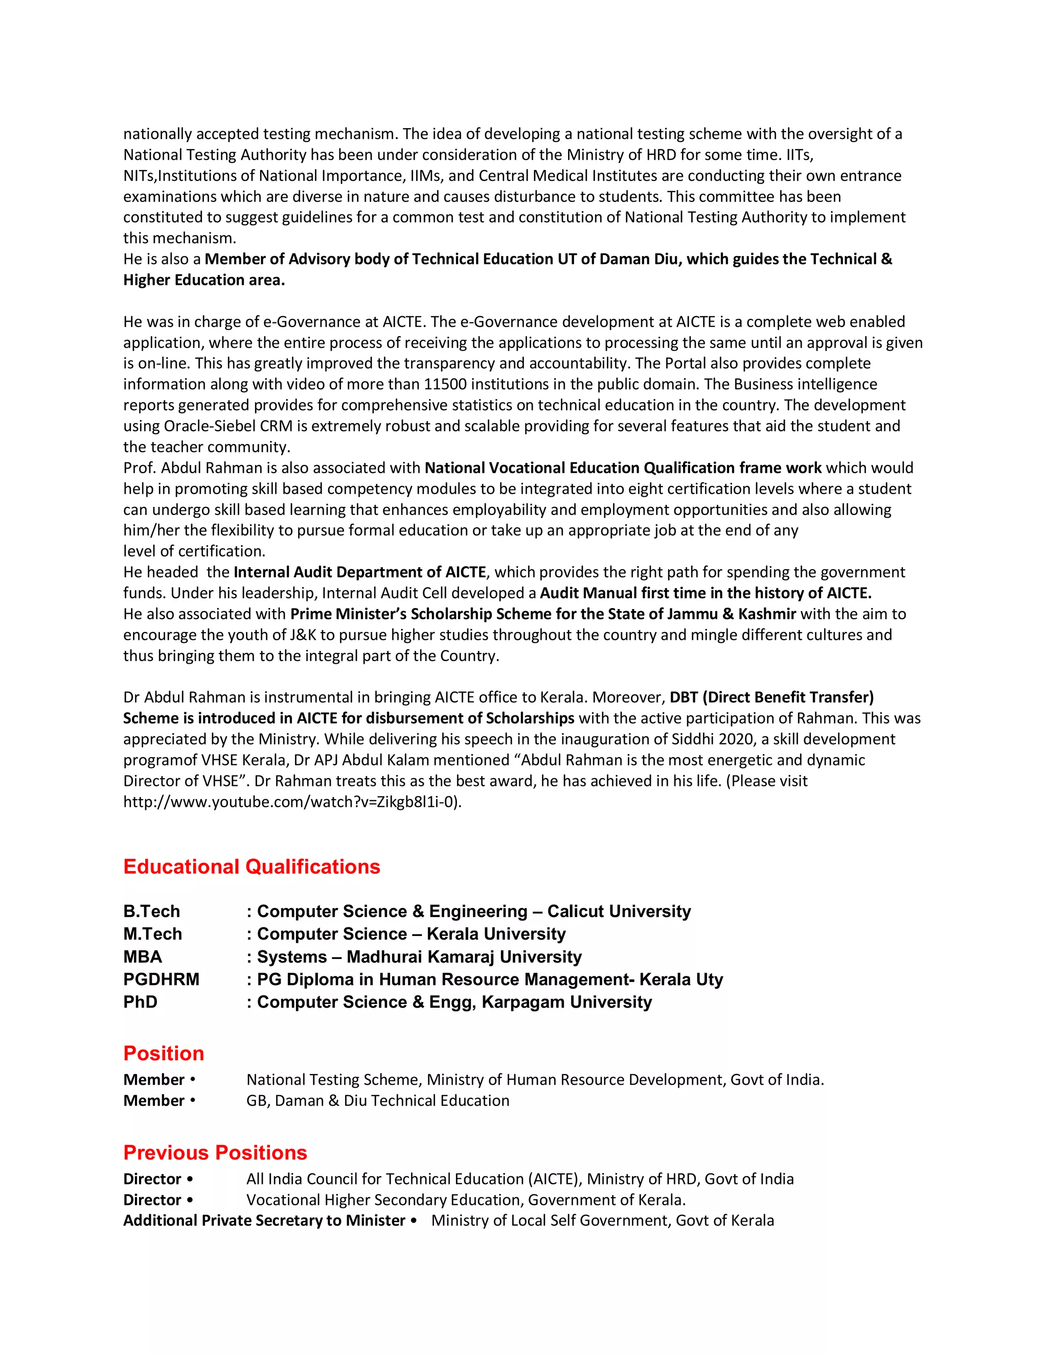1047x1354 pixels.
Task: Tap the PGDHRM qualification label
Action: [x=161, y=979]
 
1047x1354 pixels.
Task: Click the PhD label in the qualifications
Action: [x=140, y=1002]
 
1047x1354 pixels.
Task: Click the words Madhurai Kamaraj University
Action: [x=464, y=956]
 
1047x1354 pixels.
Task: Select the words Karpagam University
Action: [x=566, y=1002]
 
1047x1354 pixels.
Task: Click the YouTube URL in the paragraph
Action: [x=292, y=802]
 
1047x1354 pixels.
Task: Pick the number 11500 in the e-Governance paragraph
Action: [x=445, y=384]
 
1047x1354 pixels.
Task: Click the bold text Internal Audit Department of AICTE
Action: [x=360, y=572]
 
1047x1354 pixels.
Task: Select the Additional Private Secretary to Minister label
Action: [x=264, y=1220]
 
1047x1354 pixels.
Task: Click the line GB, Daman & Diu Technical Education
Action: [x=378, y=1101]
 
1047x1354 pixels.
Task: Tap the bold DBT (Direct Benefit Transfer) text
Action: [x=771, y=697]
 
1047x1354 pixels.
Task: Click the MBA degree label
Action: [x=143, y=956]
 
